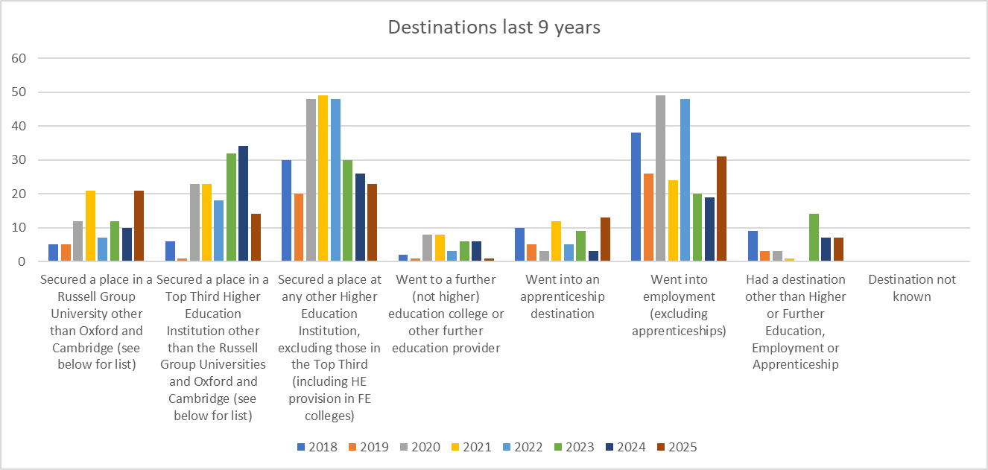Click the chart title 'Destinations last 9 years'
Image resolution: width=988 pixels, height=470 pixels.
[x=494, y=28]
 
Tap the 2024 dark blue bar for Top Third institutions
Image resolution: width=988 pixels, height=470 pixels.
[x=244, y=203]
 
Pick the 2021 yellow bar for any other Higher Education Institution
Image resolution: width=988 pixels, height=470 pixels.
[x=323, y=178]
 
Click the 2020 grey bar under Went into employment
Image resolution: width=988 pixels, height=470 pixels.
[x=660, y=178]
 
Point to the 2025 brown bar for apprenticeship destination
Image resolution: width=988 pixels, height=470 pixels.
[x=605, y=239]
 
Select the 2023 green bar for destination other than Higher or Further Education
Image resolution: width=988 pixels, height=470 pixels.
[x=814, y=238]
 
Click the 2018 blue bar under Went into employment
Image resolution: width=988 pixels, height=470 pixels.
[x=636, y=197]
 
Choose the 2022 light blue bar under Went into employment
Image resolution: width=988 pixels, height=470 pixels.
[x=685, y=180]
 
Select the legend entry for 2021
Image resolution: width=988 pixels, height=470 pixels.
[x=472, y=447]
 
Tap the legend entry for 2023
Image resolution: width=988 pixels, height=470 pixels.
[x=574, y=447]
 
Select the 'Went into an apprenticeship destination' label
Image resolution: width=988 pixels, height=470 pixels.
[x=562, y=296]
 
